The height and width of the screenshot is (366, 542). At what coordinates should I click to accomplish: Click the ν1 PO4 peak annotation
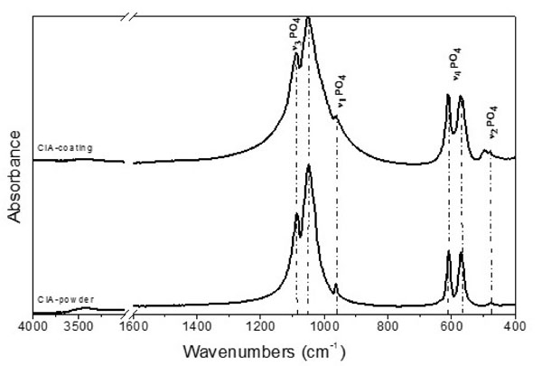(340, 91)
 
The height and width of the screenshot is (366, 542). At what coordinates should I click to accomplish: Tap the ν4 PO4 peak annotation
(455, 69)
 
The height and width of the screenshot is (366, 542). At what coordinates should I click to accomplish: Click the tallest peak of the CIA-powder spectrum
(309, 167)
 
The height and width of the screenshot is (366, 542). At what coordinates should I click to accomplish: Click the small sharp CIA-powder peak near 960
(336, 286)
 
